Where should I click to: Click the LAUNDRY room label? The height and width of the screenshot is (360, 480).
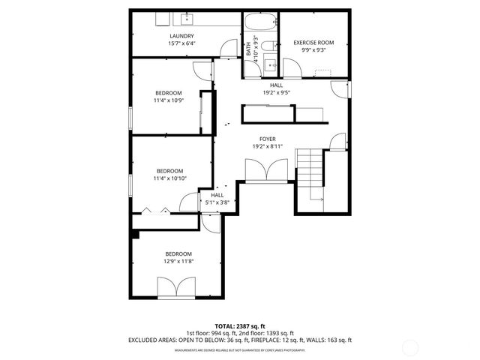pos(181,36)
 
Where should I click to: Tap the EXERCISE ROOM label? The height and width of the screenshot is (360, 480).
pos(313,43)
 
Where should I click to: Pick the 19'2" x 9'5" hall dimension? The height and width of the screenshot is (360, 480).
pos(276,93)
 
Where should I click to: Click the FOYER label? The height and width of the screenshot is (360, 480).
pos(268,139)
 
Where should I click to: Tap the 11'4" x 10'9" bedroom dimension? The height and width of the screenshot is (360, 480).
pos(168,100)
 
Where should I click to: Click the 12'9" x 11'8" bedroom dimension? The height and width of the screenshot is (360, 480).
pos(178,261)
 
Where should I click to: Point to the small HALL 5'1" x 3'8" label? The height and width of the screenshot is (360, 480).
pos(217,198)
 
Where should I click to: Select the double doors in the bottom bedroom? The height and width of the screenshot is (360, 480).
pos(178,287)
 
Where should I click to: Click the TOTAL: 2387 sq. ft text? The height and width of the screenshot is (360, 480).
pos(241,325)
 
